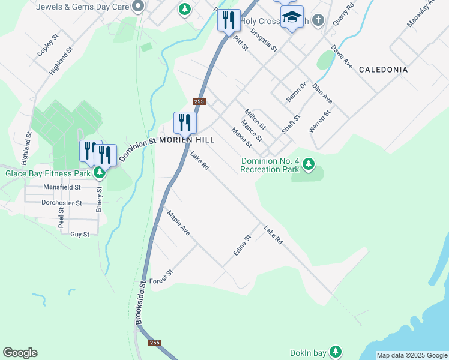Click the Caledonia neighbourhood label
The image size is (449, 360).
383,70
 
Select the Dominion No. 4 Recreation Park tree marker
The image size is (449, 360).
309,163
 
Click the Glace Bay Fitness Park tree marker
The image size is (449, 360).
100,173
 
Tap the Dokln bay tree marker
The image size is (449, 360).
337,351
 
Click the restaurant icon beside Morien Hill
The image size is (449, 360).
185,122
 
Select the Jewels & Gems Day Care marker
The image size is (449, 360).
138,7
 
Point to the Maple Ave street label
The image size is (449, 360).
178,223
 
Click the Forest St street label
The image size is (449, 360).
161,277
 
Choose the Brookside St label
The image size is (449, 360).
140,303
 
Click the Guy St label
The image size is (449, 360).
80,234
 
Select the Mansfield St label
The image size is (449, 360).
62,187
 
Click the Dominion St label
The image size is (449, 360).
137,149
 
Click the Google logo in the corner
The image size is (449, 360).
20,353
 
